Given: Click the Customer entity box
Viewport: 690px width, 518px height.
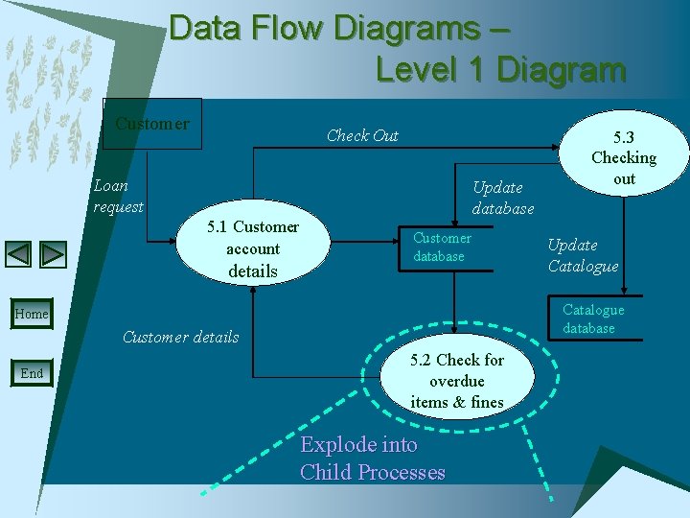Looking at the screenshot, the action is click(x=152, y=124).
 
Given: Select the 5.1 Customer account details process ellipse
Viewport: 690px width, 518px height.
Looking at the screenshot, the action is click(x=252, y=249).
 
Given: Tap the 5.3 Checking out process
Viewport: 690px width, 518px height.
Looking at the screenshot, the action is click(x=624, y=157).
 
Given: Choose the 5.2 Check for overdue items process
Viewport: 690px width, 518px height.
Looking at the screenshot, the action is click(x=457, y=381).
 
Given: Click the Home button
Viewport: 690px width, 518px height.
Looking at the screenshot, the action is click(x=32, y=314).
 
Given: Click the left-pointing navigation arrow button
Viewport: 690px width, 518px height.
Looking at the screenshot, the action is click(x=19, y=254).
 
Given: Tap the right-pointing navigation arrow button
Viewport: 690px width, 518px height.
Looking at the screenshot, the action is click(x=54, y=254).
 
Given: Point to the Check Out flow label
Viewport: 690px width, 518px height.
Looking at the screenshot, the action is click(x=362, y=135).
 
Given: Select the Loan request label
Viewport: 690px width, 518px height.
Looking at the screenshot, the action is click(x=119, y=195).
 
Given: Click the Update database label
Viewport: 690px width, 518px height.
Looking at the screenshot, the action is click(x=503, y=197).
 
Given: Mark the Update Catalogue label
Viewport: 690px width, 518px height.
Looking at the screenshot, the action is click(x=583, y=255).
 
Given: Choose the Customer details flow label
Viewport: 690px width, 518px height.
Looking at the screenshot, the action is click(x=181, y=337).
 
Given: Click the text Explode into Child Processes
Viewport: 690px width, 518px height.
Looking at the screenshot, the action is click(x=373, y=458).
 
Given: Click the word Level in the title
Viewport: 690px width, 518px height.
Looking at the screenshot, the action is click(x=422, y=70).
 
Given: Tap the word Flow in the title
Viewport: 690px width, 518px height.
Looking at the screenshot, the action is click(x=289, y=28).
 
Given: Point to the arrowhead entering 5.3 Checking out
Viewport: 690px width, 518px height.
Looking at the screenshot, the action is click(x=560, y=147).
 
